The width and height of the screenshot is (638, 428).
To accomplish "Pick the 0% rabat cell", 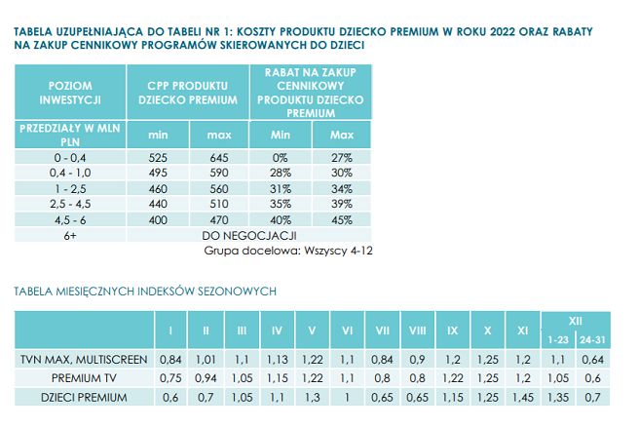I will (281, 157).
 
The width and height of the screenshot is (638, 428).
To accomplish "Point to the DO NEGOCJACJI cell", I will (247, 235).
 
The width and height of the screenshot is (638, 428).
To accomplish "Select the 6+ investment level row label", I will (69, 235).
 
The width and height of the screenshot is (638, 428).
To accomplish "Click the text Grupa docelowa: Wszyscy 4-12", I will (289, 251).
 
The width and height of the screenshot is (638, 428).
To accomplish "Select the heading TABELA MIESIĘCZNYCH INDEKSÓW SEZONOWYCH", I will (146, 291).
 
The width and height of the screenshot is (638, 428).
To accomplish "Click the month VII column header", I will (384, 329).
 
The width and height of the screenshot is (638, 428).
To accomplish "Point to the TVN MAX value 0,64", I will (590, 360).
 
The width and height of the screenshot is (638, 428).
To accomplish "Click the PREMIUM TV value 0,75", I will (170, 378).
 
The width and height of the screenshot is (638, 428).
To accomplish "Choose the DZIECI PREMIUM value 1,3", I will (312, 397).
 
